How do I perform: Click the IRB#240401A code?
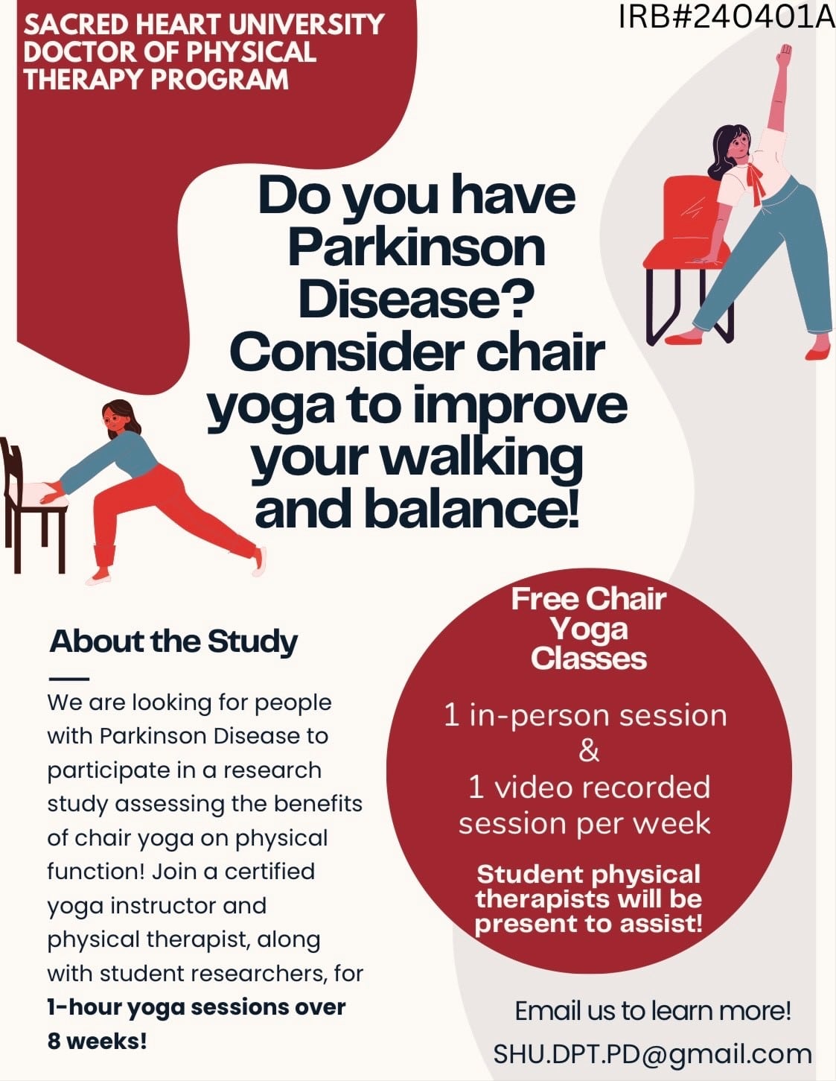727,17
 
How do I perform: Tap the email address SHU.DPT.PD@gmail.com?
653,1053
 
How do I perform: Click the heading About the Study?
173,642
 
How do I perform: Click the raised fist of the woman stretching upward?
785,53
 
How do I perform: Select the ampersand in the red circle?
589,751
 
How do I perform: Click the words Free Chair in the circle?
589,599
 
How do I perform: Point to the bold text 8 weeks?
98,1042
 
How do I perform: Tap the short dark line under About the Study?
69,679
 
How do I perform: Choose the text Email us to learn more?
653,1011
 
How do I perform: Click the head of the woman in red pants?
119,419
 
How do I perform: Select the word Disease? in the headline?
416,299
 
